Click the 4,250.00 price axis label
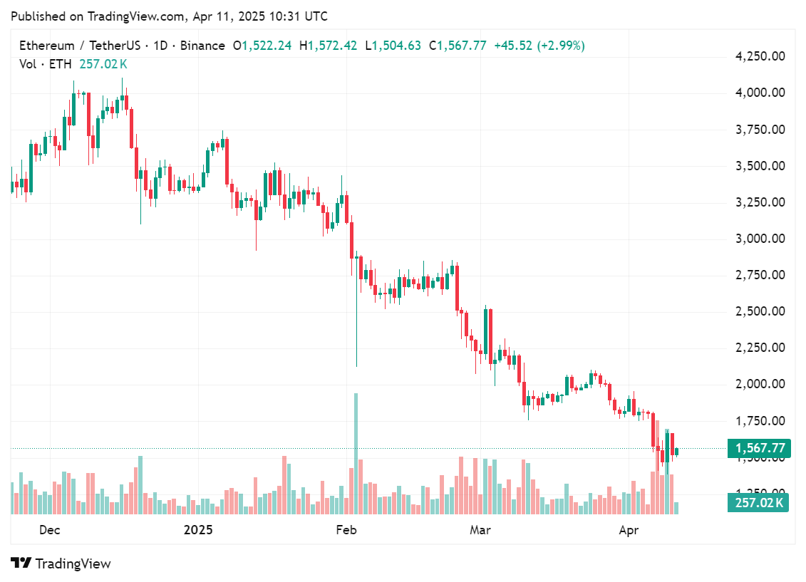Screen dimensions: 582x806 [x=760, y=56]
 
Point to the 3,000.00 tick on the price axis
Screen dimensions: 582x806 [x=760, y=239]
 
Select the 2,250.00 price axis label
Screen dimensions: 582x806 [x=760, y=348]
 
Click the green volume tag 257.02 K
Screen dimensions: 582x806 [x=758, y=504]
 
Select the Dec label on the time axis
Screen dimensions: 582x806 [x=49, y=530]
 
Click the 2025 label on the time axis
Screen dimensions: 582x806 [x=198, y=530]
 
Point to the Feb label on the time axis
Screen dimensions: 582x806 [x=346, y=530]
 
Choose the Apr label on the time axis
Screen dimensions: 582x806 [x=629, y=530]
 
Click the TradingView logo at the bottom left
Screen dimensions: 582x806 [x=61, y=563]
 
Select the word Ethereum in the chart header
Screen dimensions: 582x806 [x=46, y=46]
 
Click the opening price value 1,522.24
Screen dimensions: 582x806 [x=267, y=46]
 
